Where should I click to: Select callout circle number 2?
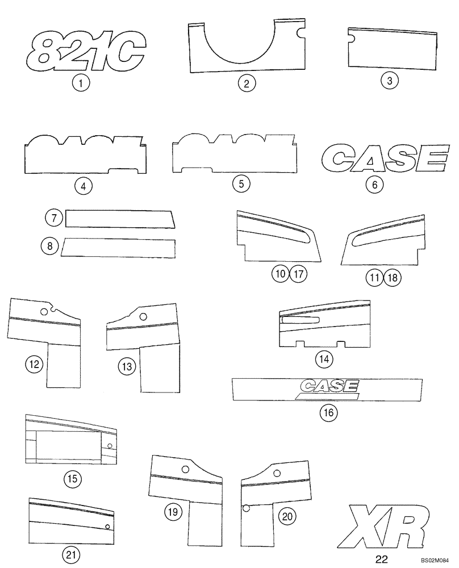tap(247, 84)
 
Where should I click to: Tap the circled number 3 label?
tap(389, 80)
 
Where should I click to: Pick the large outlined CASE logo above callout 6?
tap(383, 158)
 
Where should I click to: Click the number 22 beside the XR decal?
tap(382, 559)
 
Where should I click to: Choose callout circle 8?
tap(50, 246)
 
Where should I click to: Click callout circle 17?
tap(299, 274)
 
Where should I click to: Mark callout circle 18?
tap(393, 278)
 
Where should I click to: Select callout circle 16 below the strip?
tap(328, 413)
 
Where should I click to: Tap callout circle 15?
tap(72, 479)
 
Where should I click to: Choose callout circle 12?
tap(34, 364)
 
